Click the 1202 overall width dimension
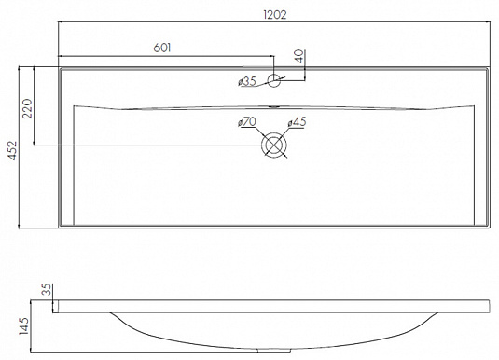pyautogui.click(x=275, y=15)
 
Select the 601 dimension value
pyautogui.click(x=162, y=48)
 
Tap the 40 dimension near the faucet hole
pyautogui.click(x=299, y=57)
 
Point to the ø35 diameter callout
pyautogui.click(x=247, y=81)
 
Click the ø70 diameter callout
pyautogui.click(x=247, y=121)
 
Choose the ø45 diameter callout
pyautogui.click(x=297, y=121)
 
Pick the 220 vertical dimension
pyautogui.click(x=27, y=108)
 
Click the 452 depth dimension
pyautogui.click(x=13, y=151)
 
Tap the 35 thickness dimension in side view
pyautogui.click(x=47, y=290)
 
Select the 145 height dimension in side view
pyautogui.click(x=23, y=325)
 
